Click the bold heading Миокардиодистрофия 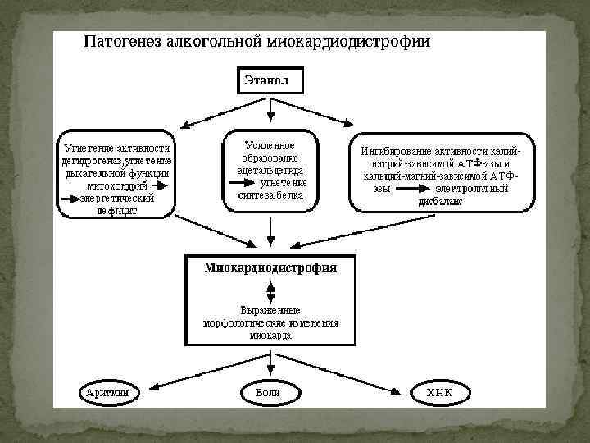pos(270,267)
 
